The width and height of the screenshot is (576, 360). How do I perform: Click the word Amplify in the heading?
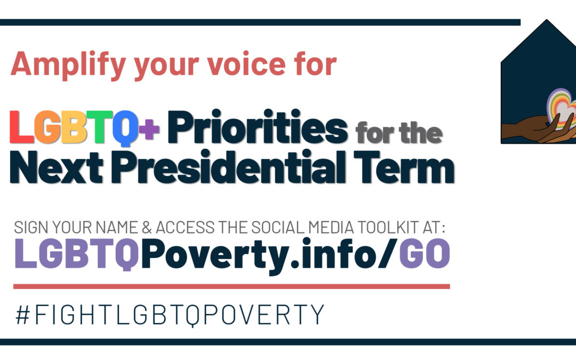68,65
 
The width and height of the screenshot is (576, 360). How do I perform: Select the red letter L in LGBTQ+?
21,127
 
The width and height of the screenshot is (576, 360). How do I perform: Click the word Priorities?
258,127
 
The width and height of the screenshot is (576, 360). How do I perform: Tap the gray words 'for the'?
399,133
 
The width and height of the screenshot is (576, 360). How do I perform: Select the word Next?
56,167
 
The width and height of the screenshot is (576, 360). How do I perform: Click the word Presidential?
228,166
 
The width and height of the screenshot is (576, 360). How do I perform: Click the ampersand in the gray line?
147,228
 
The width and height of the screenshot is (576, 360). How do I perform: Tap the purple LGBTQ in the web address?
77,254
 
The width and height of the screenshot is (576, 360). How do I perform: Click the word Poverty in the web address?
215,255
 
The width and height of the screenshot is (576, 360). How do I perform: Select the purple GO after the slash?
425,253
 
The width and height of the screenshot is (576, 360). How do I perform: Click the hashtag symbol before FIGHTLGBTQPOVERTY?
23,315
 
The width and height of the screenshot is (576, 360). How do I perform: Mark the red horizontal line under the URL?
231,286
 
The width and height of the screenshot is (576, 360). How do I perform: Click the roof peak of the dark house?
547,20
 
